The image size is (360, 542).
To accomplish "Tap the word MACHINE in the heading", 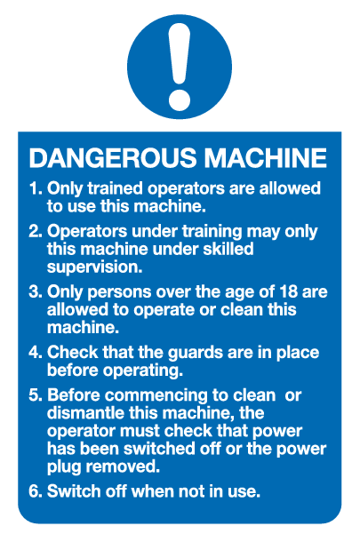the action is pyautogui.click(x=265, y=158).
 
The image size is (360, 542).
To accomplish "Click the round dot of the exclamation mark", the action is pyautogui.click(x=180, y=100).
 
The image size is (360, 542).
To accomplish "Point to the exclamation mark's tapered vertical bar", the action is pyautogui.click(x=180, y=54).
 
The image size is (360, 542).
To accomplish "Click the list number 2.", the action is pyautogui.click(x=35, y=231).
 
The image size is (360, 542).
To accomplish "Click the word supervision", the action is pyautogui.click(x=94, y=267).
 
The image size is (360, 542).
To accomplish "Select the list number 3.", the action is pyautogui.click(x=35, y=291).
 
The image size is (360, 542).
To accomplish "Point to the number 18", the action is pyautogui.click(x=288, y=291).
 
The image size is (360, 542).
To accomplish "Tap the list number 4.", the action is pyautogui.click(x=35, y=352).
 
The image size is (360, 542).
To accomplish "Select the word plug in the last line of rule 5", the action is pyautogui.click(x=64, y=467).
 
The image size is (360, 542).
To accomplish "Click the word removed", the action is pyautogui.click(x=123, y=466).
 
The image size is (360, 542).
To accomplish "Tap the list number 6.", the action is pyautogui.click(x=35, y=491).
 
